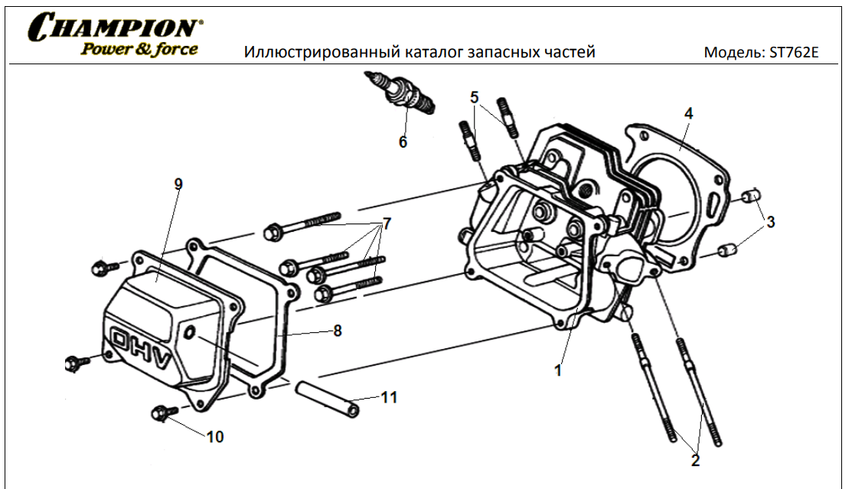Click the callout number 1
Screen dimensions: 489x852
[x=558, y=370]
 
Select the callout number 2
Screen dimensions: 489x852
[x=695, y=461]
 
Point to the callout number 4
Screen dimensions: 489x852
[x=688, y=112]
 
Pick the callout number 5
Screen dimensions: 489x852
[x=475, y=97]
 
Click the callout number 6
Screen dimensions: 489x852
[x=403, y=142]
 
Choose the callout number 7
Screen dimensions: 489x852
[x=387, y=223]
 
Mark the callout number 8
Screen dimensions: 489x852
[x=337, y=331]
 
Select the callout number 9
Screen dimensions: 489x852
[x=178, y=184]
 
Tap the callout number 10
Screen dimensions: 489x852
[x=215, y=436]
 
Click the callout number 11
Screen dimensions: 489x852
[x=389, y=397]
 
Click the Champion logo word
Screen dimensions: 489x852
[x=116, y=28]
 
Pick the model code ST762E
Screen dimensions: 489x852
[x=799, y=54]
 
